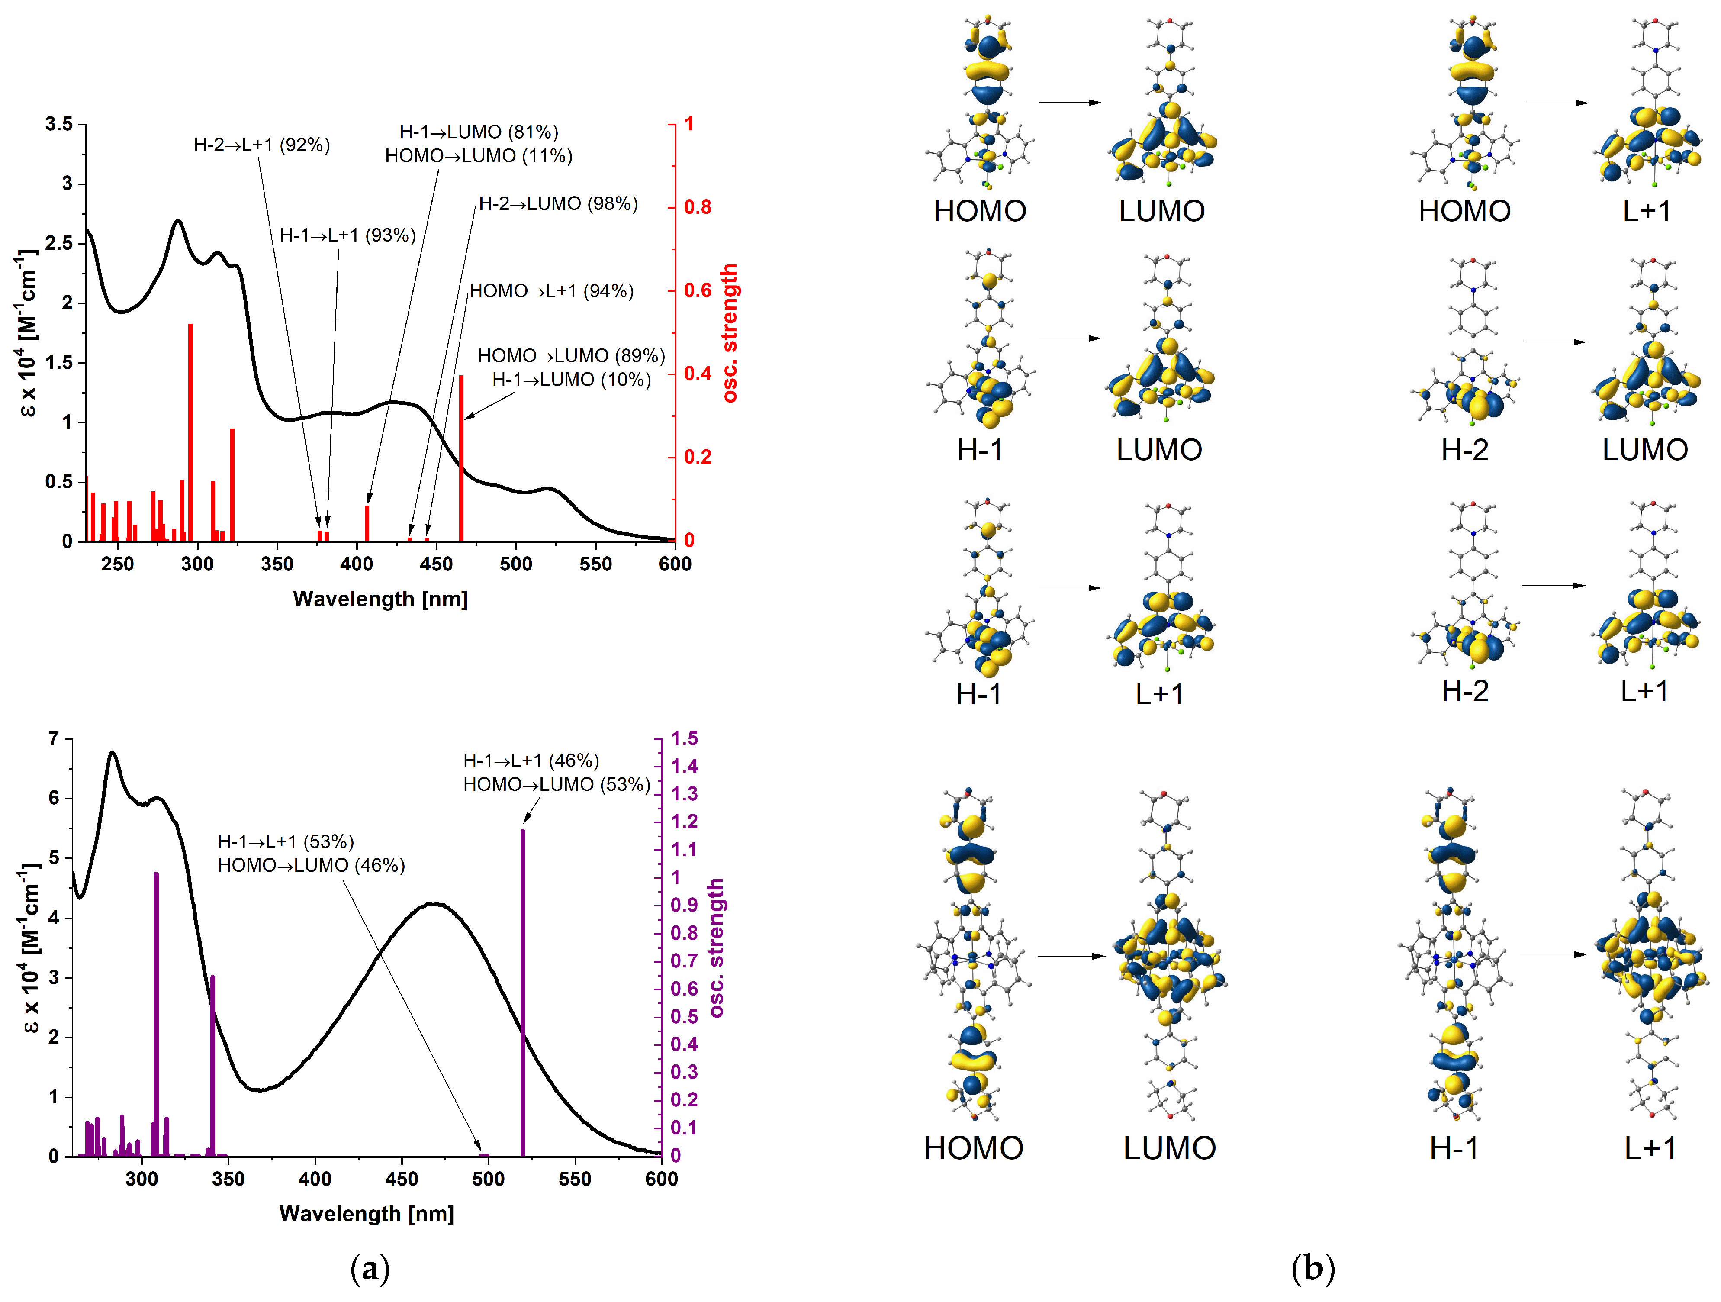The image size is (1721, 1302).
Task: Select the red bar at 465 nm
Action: (461, 459)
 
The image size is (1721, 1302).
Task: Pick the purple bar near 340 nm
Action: (212, 1066)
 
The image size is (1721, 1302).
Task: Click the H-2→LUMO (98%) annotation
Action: (558, 204)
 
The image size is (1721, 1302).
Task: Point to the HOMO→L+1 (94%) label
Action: (552, 291)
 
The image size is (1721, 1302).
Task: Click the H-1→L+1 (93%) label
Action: (348, 235)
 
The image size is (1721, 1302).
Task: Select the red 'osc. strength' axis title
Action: (729, 333)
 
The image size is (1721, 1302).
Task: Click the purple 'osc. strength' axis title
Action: (716, 948)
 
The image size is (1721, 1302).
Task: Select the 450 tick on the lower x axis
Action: (402, 1179)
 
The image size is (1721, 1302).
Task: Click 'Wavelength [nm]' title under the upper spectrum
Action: (380, 599)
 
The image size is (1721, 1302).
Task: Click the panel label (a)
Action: (370, 1269)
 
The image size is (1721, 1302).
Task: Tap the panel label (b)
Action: (1312, 1269)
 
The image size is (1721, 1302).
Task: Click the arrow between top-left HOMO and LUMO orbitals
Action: (1070, 102)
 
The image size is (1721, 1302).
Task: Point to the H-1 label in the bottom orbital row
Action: (1454, 1148)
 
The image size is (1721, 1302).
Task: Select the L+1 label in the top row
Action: (1646, 211)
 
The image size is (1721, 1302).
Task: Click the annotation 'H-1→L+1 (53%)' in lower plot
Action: (286, 841)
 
